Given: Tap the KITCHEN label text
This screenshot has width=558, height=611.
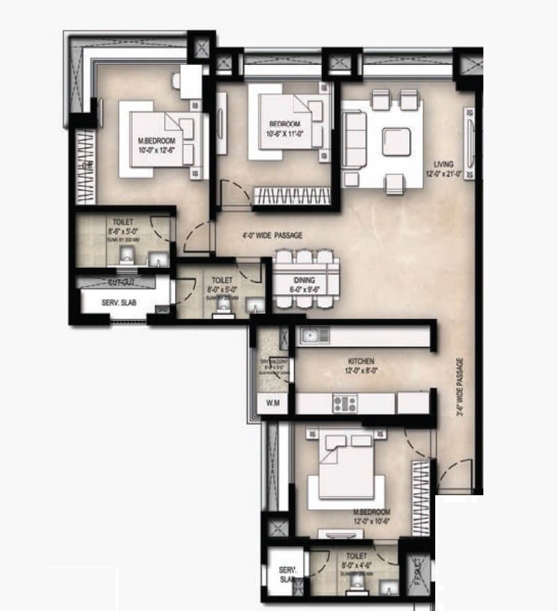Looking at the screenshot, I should click(362, 361).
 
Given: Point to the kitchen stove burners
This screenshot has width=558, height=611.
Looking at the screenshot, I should click(345, 403).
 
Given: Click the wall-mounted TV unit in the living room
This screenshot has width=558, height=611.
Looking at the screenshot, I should click(469, 142).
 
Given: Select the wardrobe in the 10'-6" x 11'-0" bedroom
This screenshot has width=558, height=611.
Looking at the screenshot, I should click(291, 196).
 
